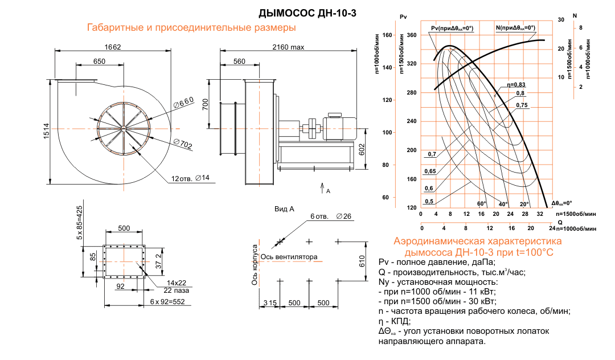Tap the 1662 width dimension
coord(112,47)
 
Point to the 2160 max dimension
coord(289,47)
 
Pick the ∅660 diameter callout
coord(183,103)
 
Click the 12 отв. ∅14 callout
coord(191,178)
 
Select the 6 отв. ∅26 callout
coord(331,216)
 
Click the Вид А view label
coord(284,209)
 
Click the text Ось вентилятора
coord(289,257)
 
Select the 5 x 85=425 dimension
coord(80,222)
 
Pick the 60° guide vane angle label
coord(482,203)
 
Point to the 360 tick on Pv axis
coord(411,35)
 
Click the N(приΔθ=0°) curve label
coord(515,27)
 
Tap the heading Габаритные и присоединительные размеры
coord(191,27)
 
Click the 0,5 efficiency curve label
coord(429,201)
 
